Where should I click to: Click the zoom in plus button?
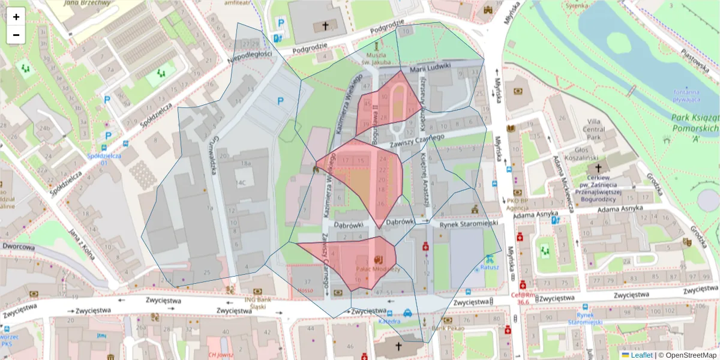tap(16, 17)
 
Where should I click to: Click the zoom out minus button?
tap(16, 35)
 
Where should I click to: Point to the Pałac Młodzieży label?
tap(378, 269)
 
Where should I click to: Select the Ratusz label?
tap(490, 268)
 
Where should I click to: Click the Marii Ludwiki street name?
tap(430, 69)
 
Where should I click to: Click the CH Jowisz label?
tap(220, 354)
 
